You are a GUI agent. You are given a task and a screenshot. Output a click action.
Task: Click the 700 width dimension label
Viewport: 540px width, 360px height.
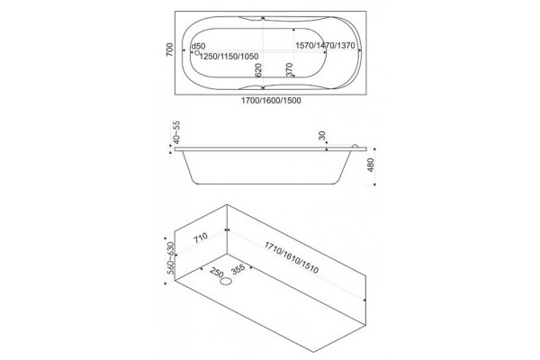coord(169,50)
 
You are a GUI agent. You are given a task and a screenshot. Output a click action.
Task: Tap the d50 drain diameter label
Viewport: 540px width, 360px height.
coord(198,46)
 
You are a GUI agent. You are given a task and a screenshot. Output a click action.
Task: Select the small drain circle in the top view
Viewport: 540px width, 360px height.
coord(197,53)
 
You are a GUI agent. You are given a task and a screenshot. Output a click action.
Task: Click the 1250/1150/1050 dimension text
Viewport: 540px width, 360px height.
coord(229,56)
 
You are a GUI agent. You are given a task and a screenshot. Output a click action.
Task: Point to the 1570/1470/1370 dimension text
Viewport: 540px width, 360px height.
coord(325,46)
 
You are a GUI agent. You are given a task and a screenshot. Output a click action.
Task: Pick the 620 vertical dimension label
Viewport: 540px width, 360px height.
coord(258,70)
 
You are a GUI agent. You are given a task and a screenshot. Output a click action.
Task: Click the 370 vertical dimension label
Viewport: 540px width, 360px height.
coord(289,69)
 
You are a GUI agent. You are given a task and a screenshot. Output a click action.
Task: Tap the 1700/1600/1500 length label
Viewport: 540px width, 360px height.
coord(271,101)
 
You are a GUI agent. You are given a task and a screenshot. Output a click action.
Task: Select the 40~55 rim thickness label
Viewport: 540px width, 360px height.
coord(176,132)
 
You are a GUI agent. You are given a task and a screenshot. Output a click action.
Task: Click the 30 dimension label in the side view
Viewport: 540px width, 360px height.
coord(322,135)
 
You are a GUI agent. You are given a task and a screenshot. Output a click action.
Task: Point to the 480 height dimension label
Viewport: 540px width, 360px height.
coord(371,165)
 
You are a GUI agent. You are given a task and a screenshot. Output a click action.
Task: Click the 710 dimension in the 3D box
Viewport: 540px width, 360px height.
coord(200,238)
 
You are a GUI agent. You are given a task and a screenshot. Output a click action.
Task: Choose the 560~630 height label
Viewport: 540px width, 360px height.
coord(170,258)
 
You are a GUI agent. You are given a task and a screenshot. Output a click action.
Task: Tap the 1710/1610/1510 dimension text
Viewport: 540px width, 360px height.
coord(292,257)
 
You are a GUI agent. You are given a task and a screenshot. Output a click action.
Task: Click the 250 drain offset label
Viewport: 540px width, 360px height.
coord(217,272)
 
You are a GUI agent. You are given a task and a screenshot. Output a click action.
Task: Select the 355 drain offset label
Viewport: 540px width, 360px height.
coord(238,269)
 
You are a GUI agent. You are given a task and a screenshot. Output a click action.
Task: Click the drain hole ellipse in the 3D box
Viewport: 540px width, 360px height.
coord(226,282)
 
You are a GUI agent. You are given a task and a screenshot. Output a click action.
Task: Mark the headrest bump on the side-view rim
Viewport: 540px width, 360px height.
coord(355,146)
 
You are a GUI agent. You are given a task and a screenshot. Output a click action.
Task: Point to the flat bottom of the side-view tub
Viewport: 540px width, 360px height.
coord(265,184)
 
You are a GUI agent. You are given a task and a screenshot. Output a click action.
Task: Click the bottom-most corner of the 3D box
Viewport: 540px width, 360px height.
coord(313,352)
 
